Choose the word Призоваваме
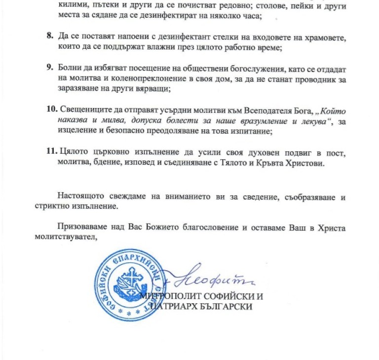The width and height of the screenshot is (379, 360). [x=82, y=229]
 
